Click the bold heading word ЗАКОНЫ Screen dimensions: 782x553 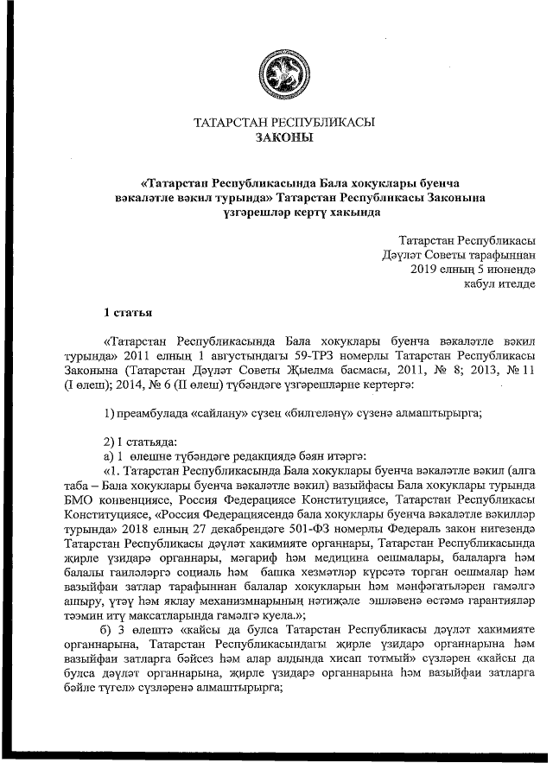click(285, 137)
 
